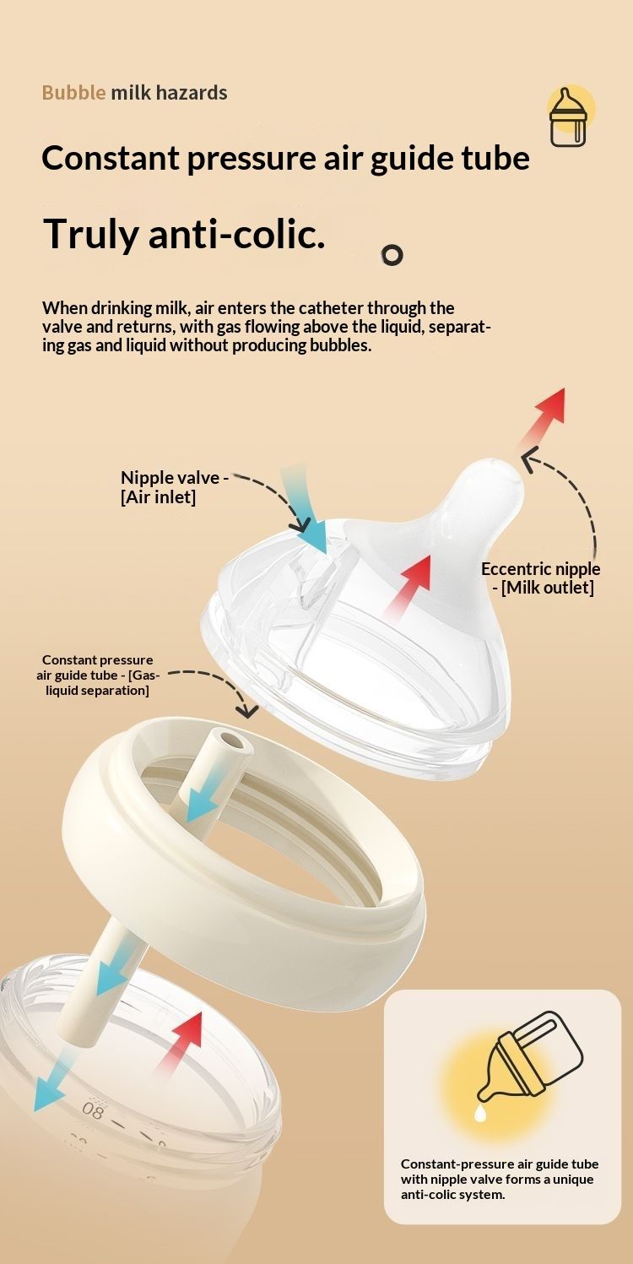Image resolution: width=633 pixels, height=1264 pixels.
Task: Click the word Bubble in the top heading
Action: (x=73, y=93)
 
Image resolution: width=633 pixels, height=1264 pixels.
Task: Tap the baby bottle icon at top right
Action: (x=568, y=117)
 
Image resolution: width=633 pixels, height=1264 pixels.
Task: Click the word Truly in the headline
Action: (x=90, y=234)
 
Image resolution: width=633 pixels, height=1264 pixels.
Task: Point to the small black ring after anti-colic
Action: (x=392, y=255)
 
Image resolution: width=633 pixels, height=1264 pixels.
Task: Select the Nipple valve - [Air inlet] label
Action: (x=175, y=487)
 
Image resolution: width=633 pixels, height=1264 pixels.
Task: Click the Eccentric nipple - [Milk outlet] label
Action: (x=540, y=578)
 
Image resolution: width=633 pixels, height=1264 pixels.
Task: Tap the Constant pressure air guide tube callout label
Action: (x=98, y=675)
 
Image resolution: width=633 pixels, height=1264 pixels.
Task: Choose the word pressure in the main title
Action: (x=252, y=159)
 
